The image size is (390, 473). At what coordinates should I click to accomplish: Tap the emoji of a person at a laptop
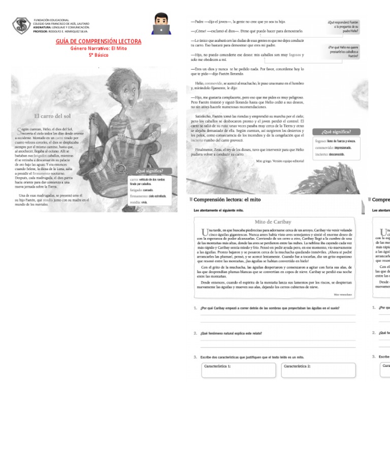(x=162, y=24)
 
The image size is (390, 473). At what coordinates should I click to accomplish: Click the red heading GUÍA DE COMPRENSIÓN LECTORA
(x=99, y=41)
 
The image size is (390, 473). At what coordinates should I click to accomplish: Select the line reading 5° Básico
(x=99, y=54)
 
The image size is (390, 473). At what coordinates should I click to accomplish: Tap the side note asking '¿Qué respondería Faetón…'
(x=343, y=27)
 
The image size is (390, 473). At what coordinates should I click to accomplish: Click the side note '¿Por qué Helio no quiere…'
(x=343, y=52)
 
